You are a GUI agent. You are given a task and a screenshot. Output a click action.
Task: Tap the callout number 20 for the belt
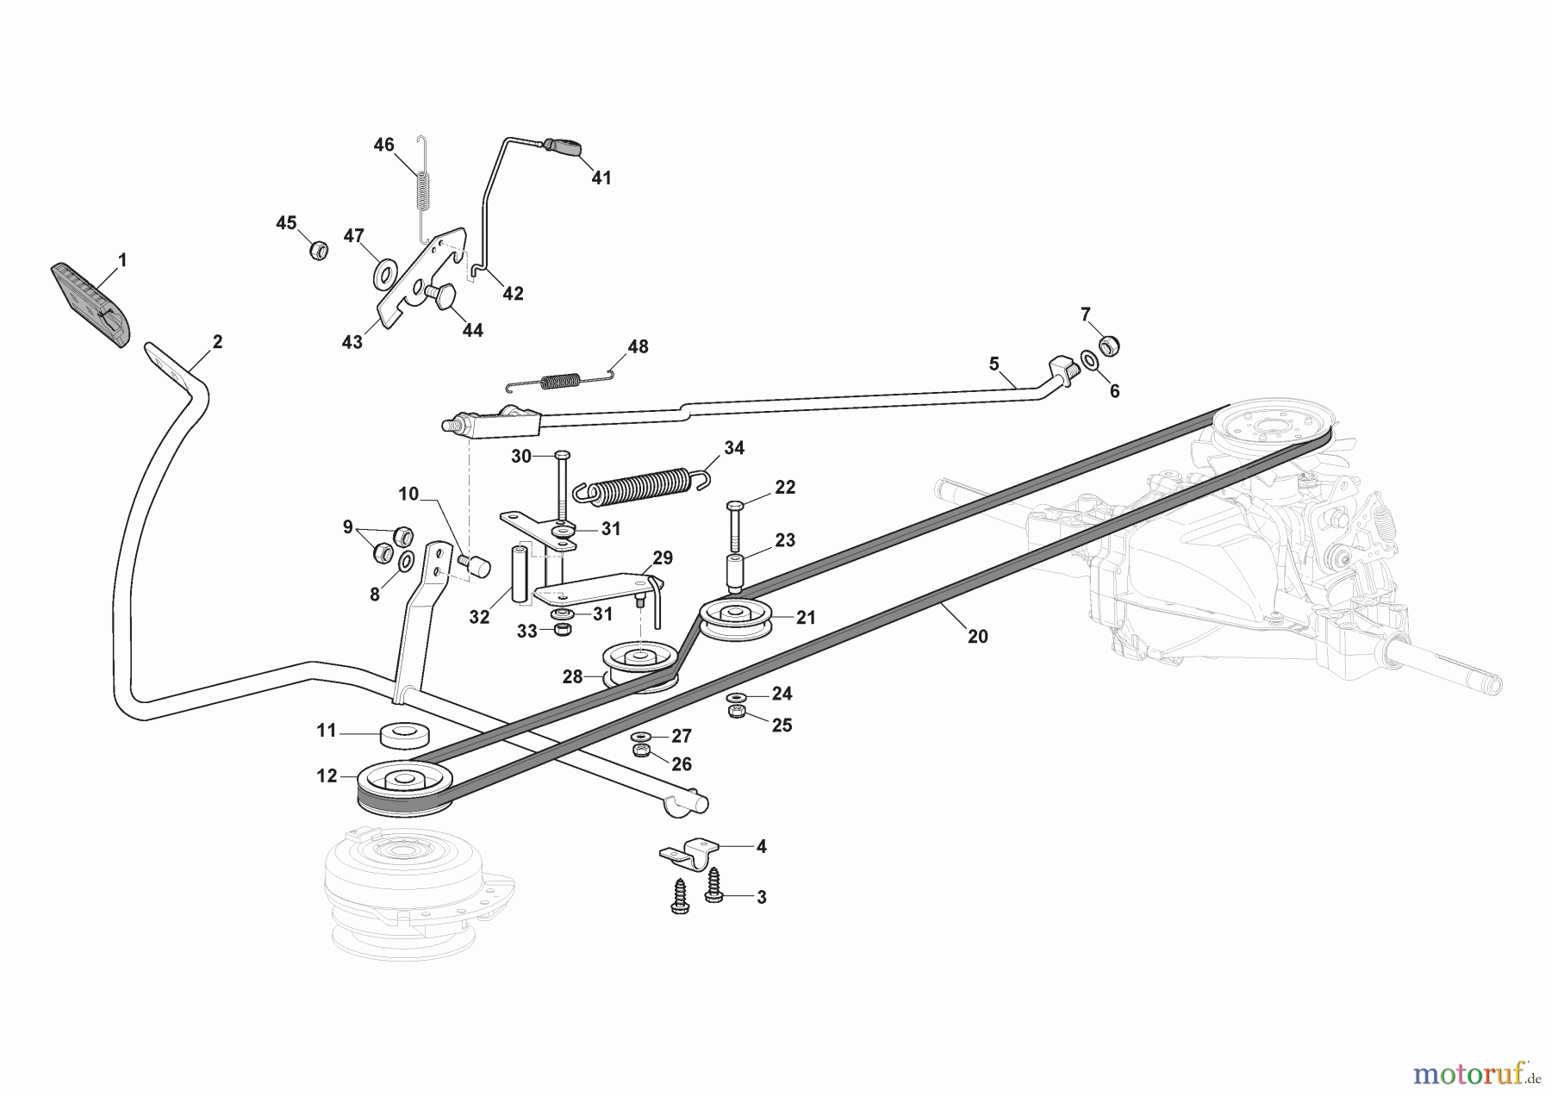pyautogui.click(x=977, y=637)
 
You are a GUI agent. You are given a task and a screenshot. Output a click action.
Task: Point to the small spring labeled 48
pyautogui.click(x=560, y=379)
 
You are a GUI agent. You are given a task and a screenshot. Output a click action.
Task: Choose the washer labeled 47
pyautogui.click(x=383, y=274)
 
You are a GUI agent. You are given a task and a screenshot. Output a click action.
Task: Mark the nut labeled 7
pyautogui.click(x=1109, y=346)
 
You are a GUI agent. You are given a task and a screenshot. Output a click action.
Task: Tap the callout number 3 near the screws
pyautogui.click(x=761, y=897)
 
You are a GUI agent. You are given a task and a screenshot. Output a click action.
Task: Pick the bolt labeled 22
pyautogui.click(x=735, y=524)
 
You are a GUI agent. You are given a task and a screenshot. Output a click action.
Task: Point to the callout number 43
pyautogui.click(x=352, y=342)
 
